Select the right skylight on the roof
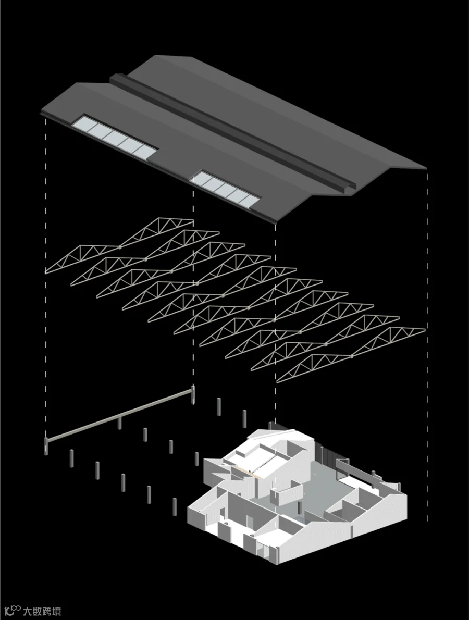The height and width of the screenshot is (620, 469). click(225, 187)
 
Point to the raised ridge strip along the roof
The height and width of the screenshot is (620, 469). click(229, 130)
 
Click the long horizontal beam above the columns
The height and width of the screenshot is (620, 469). click(120, 414)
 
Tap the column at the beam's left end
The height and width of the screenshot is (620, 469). click(47, 445)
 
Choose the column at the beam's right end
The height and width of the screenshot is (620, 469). click(193, 394)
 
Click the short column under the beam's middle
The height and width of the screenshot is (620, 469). click(120, 423)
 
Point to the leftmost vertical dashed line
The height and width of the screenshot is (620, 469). click(47, 276)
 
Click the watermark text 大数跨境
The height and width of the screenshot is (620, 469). click(42, 611)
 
